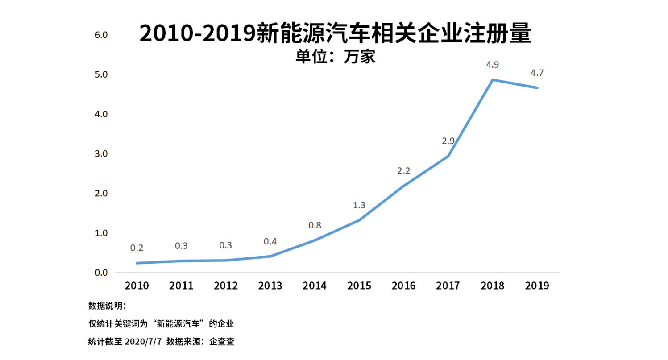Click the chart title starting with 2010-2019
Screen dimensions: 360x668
(335, 34)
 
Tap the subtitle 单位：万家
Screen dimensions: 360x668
(335, 57)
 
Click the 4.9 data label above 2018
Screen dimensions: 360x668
(493, 65)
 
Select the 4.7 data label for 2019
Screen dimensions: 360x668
(537, 73)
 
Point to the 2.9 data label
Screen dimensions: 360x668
(448, 141)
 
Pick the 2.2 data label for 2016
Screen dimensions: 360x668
(404, 170)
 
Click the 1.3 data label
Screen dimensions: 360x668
(359, 205)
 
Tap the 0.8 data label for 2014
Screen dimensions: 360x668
(315, 225)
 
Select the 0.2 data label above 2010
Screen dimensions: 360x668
(137, 248)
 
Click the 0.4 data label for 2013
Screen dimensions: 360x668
(270, 241)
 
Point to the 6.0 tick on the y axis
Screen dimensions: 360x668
(102, 35)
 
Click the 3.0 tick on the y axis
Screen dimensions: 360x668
(102, 154)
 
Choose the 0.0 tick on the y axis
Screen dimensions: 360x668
(102, 273)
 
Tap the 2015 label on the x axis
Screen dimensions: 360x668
(359, 286)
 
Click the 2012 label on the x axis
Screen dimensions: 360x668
(225, 286)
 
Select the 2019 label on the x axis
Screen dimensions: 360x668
(537, 286)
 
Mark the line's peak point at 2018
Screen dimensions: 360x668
(493, 80)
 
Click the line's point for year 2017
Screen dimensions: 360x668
(448, 156)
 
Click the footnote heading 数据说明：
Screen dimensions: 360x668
(108, 306)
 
